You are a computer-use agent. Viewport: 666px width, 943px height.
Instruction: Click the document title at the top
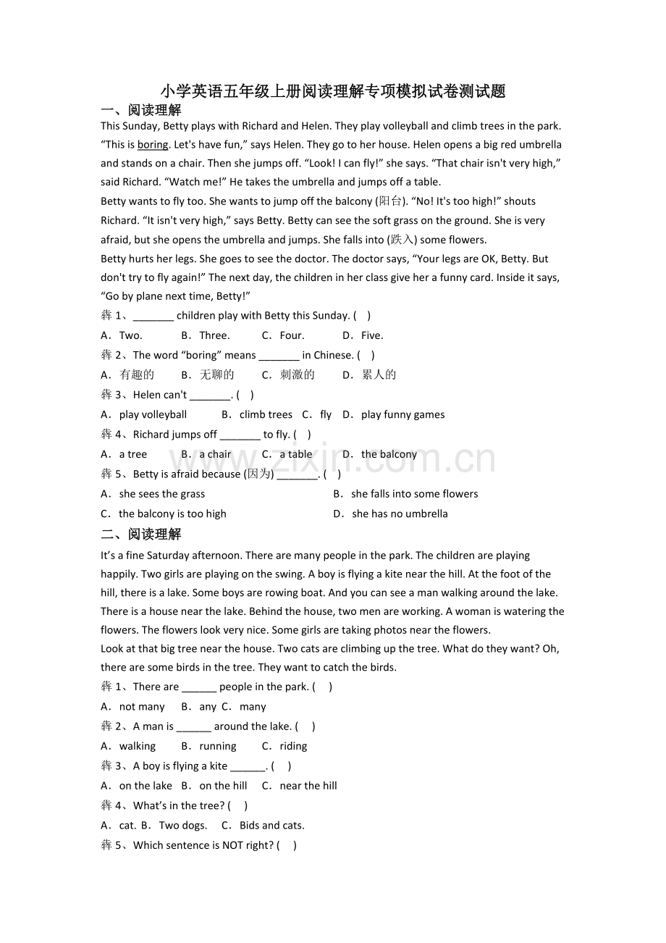333,91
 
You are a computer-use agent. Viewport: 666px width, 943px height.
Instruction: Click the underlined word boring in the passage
153,145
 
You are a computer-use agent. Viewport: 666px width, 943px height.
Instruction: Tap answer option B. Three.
206,335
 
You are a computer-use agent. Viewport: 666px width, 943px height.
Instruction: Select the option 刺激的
288,374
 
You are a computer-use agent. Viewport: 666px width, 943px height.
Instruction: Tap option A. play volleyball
144,414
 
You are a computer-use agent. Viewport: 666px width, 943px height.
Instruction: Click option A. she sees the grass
153,494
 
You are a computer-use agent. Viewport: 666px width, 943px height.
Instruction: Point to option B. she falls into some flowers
406,494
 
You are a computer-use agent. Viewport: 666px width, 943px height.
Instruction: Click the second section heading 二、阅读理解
141,535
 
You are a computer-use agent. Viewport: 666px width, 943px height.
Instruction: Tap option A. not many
133,707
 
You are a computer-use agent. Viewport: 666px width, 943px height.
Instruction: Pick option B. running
209,746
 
